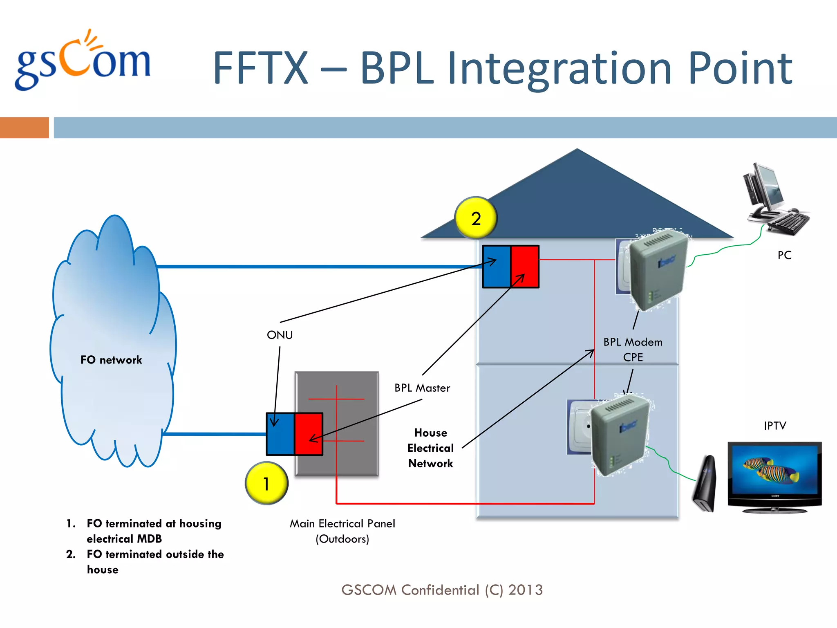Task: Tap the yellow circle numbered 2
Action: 476,218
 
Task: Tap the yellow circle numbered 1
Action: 266,483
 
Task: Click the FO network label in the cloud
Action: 111,360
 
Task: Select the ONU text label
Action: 280,335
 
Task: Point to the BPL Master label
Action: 422,388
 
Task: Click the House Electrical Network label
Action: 430,448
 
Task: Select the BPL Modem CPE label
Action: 633,349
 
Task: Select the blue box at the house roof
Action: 496,267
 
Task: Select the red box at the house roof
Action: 525,267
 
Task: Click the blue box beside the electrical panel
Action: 280,434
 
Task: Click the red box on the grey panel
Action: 309,434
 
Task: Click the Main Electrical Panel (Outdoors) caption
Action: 342,531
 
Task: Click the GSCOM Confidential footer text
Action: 442,590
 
